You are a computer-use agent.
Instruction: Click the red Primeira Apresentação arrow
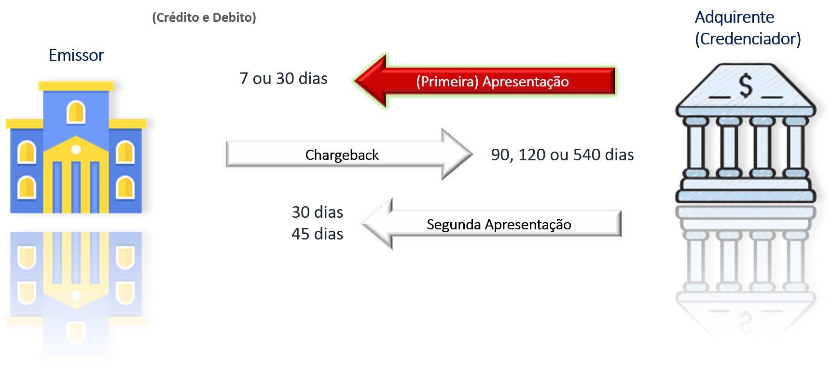click(x=485, y=81)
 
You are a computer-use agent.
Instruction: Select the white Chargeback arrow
click(x=349, y=155)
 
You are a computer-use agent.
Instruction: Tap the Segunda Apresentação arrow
click(x=491, y=224)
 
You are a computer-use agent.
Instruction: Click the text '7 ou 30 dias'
click(x=283, y=78)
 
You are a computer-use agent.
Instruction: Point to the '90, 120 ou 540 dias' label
click(x=562, y=155)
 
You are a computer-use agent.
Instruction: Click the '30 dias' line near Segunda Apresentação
click(x=317, y=212)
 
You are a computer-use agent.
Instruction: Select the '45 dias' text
click(x=317, y=234)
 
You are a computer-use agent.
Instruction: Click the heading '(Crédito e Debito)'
click(x=204, y=18)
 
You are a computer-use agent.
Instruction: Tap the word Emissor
click(x=76, y=55)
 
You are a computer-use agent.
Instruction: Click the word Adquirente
click(x=735, y=17)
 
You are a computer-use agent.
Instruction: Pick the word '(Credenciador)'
click(x=748, y=39)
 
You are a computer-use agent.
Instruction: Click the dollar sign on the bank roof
click(x=746, y=85)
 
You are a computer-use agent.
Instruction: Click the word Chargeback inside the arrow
click(x=342, y=155)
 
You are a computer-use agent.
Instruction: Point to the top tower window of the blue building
click(x=76, y=112)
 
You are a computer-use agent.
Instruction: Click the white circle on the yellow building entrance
click(x=76, y=150)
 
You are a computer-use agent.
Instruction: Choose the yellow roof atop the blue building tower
click(x=76, y=86)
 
